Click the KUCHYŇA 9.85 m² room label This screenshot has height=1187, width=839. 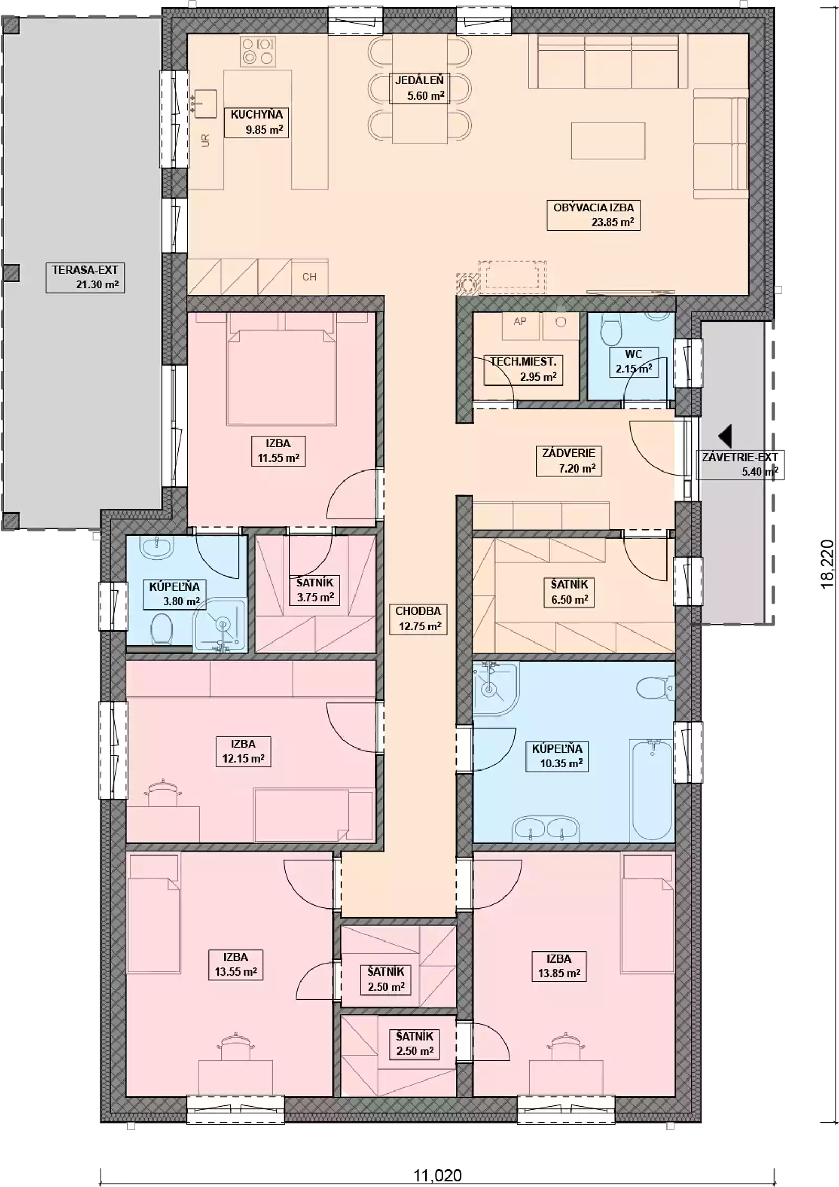click(256, 122)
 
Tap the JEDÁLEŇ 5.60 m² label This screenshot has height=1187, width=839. click(419, 88)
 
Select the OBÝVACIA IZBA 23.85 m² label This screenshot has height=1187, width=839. click(594, 215)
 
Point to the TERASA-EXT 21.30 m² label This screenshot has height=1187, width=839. click(85, 277)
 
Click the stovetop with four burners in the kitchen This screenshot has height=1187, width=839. click(258, 51)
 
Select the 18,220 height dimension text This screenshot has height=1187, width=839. click(827, 564)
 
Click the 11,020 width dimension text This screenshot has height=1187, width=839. click(438, 1175)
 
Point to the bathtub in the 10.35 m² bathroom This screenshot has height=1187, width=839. click(652, 790)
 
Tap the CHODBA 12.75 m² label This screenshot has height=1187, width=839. click(418, 619)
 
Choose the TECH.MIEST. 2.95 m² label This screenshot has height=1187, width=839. click(523, 369)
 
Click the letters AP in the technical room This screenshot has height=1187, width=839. click(520, 322)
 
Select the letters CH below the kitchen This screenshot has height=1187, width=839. click(309, 277)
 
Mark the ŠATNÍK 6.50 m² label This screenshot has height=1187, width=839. click(569, 592)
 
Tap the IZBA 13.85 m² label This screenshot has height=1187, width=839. click(559, 966)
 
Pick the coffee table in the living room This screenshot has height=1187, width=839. click(608, 141)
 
